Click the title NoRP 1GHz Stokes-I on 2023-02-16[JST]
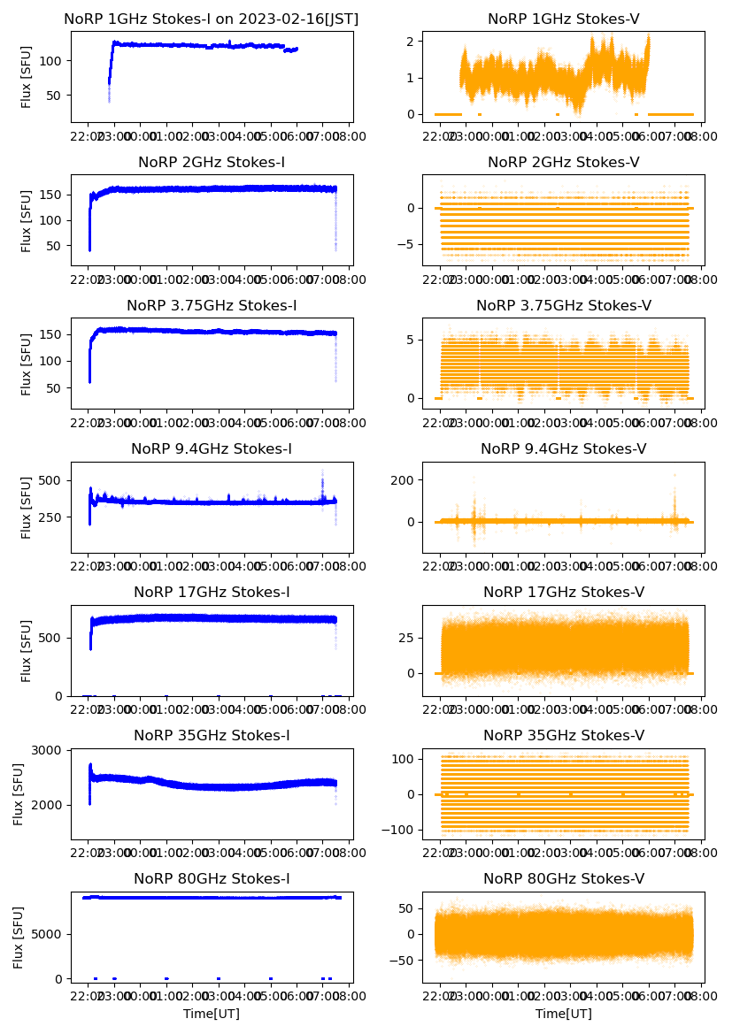click(x=211, y=19)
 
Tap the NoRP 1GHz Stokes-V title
click(x=563, y=19)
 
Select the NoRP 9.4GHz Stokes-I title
click(x=211, y=449)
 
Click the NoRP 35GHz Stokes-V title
click(x=563, y=736)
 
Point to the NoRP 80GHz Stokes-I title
click(x=211, y=879)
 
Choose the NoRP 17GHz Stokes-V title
click(x=563, y=593)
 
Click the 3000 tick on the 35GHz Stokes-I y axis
click(x=50, y=750)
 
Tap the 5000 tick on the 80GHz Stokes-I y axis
click(x=50, y=934)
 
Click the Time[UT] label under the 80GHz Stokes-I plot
click(x=211, y=1014)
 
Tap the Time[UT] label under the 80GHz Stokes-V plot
click(x=563, y=1014)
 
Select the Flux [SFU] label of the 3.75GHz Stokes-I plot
click(x=27, y=364)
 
